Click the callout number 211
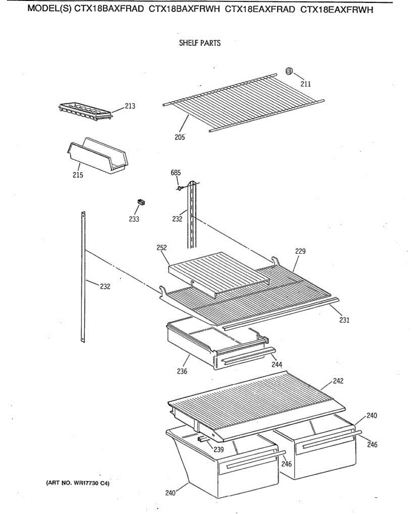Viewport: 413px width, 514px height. point(305,84)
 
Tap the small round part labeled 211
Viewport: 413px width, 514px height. point(289,71)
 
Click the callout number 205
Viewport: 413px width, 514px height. point(179,137)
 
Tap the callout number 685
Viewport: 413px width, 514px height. point(175,173)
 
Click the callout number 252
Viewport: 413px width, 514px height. point(162,248)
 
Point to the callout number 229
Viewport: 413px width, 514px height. point(300,251)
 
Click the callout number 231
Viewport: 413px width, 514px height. point(344,320)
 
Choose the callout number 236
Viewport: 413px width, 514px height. point(182,371)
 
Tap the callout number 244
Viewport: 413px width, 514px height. point(277,365)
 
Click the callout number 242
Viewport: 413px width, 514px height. point(338,381)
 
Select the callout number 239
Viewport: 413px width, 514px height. point(219,450)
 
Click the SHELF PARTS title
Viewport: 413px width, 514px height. point(200,43)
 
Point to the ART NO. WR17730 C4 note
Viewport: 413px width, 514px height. point(78,483)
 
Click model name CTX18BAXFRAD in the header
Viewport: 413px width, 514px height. point(109,10)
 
